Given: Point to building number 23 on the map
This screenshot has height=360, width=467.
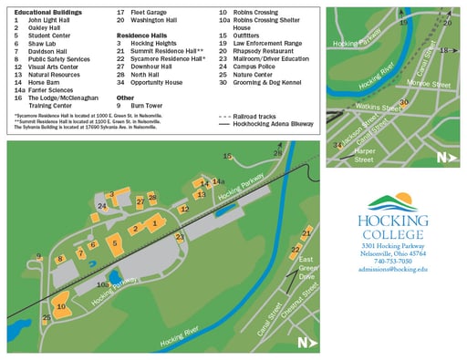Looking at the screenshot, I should (180, 236).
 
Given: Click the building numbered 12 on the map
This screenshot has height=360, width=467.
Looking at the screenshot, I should (184, 210).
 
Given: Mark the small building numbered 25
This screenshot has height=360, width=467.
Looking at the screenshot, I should (47, 318).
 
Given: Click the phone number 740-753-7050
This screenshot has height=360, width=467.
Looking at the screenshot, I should (392, 262).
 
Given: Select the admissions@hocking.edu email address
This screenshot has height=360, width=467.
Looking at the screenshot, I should (392, 271).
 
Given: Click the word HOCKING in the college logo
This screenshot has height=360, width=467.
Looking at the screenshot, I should (393, 221).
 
